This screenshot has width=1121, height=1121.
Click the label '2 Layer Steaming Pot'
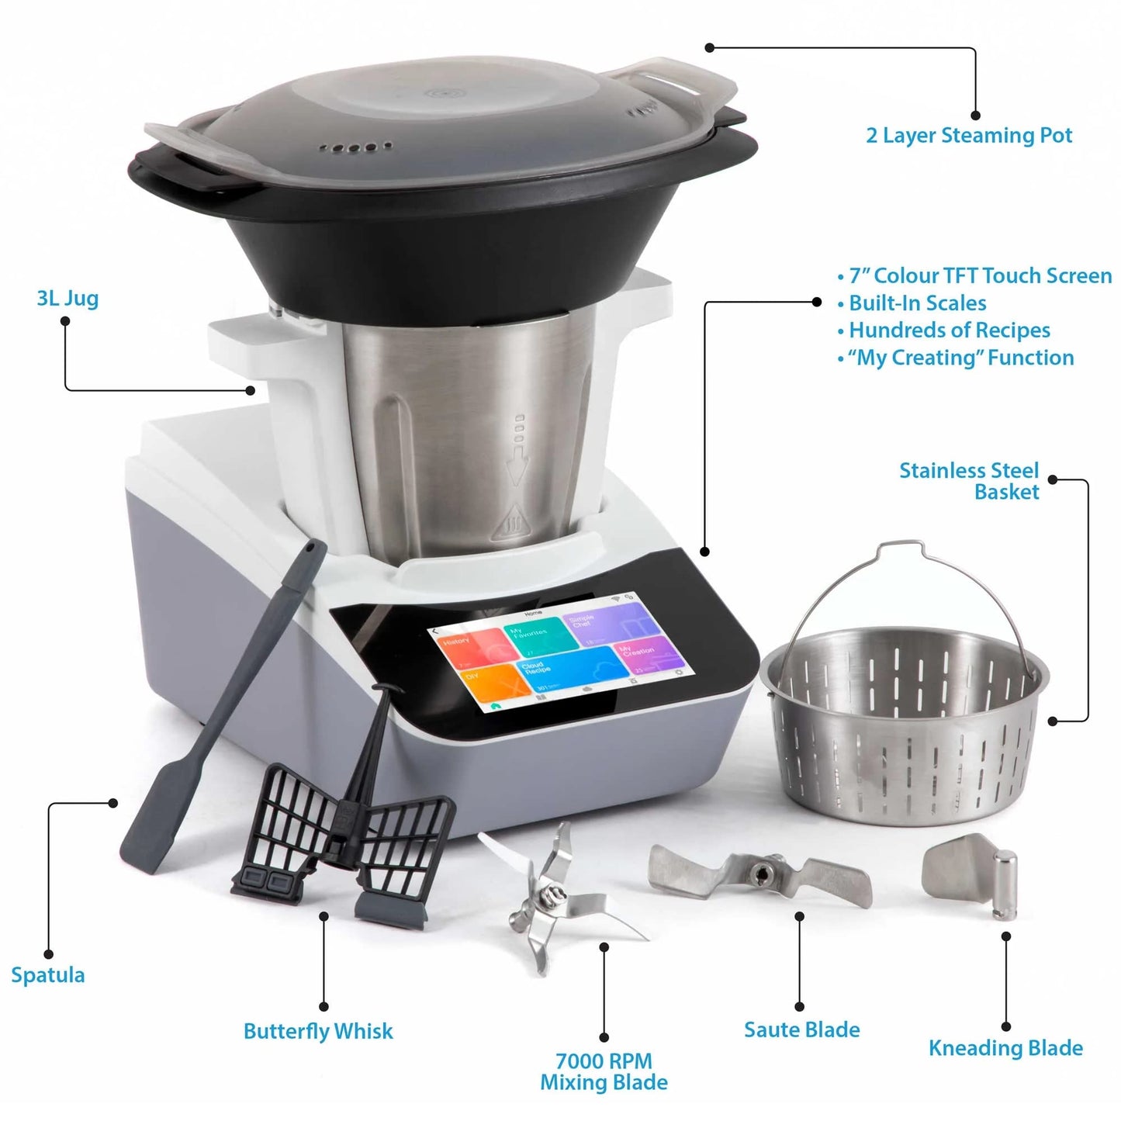pos(969,136)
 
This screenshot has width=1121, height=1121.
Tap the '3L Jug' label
pos(67,299)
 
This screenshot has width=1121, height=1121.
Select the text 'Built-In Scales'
pos(917,303)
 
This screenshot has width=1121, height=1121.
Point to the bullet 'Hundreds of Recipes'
pos(949,330)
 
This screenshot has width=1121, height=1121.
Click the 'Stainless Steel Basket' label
pos(969,481)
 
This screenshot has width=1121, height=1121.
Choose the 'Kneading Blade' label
pos(1005,1048)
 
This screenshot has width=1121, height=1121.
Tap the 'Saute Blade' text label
pos(801,1030)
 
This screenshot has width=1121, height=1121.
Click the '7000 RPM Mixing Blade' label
pos(604,1071)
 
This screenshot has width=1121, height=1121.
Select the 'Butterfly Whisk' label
pos(318,1032)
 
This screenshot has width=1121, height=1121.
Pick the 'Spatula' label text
pos(48,975)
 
